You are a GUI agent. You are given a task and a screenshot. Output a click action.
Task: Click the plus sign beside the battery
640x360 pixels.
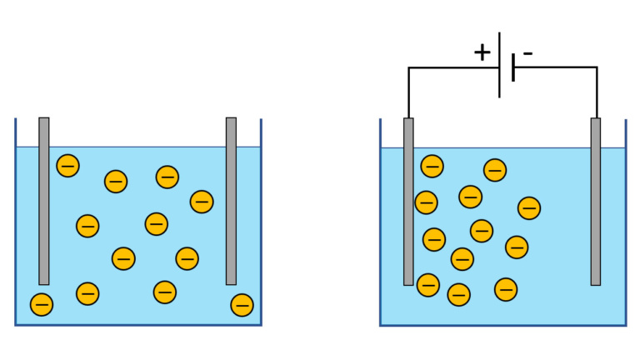point(482,52)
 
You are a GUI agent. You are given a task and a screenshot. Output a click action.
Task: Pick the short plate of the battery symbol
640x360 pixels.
point(513,67)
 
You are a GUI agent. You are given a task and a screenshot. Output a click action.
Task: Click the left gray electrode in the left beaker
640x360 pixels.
point(44,200)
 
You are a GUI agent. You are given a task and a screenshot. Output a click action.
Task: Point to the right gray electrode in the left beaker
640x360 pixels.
point(231,200)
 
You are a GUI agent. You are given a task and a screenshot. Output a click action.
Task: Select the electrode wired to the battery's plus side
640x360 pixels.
point(408,200)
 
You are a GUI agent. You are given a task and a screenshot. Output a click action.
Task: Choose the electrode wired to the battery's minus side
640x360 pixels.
point(596,200)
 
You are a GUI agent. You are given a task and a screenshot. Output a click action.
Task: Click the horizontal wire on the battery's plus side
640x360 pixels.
point(454,67)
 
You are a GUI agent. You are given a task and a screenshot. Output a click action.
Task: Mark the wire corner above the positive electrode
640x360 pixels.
point(408,67)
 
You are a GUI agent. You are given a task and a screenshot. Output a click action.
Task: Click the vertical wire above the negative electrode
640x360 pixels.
point(597,92)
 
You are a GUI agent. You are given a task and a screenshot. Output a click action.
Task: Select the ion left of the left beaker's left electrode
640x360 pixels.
point(41,304)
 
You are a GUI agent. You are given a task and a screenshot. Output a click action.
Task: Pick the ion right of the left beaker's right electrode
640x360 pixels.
point(242,305)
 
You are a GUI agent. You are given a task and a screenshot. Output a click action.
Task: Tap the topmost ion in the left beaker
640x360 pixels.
point(68,165)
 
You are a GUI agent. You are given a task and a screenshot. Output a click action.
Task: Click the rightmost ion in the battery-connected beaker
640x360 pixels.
point(529,207)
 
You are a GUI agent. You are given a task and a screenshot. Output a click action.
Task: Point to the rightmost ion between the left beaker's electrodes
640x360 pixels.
point(202,201)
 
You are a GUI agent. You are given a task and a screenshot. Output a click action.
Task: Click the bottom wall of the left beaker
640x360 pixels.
point(138,323)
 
